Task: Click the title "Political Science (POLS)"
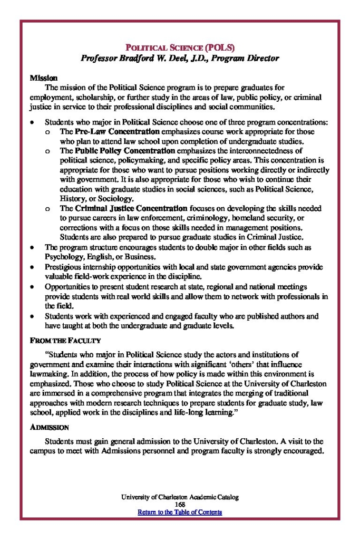180,47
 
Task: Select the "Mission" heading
40,78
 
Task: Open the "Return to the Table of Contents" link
180,512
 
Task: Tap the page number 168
180,505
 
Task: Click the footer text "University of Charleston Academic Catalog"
180,497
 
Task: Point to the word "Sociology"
117,198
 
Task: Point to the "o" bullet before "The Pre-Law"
48,131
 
